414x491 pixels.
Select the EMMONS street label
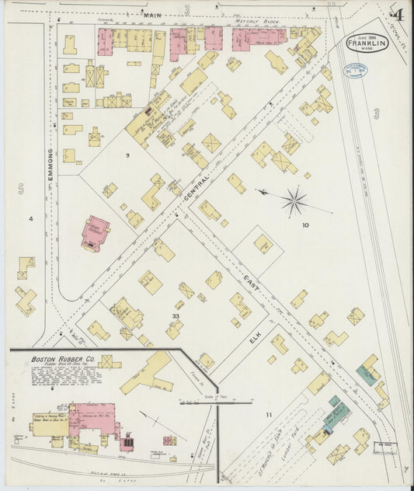click(50, 165)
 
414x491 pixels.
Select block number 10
click(305, 225)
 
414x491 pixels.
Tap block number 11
click(269, 415)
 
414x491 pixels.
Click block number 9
click(126, 156)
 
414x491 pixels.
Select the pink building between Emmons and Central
click(95, 233)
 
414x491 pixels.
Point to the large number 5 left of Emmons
click(21, 189)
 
